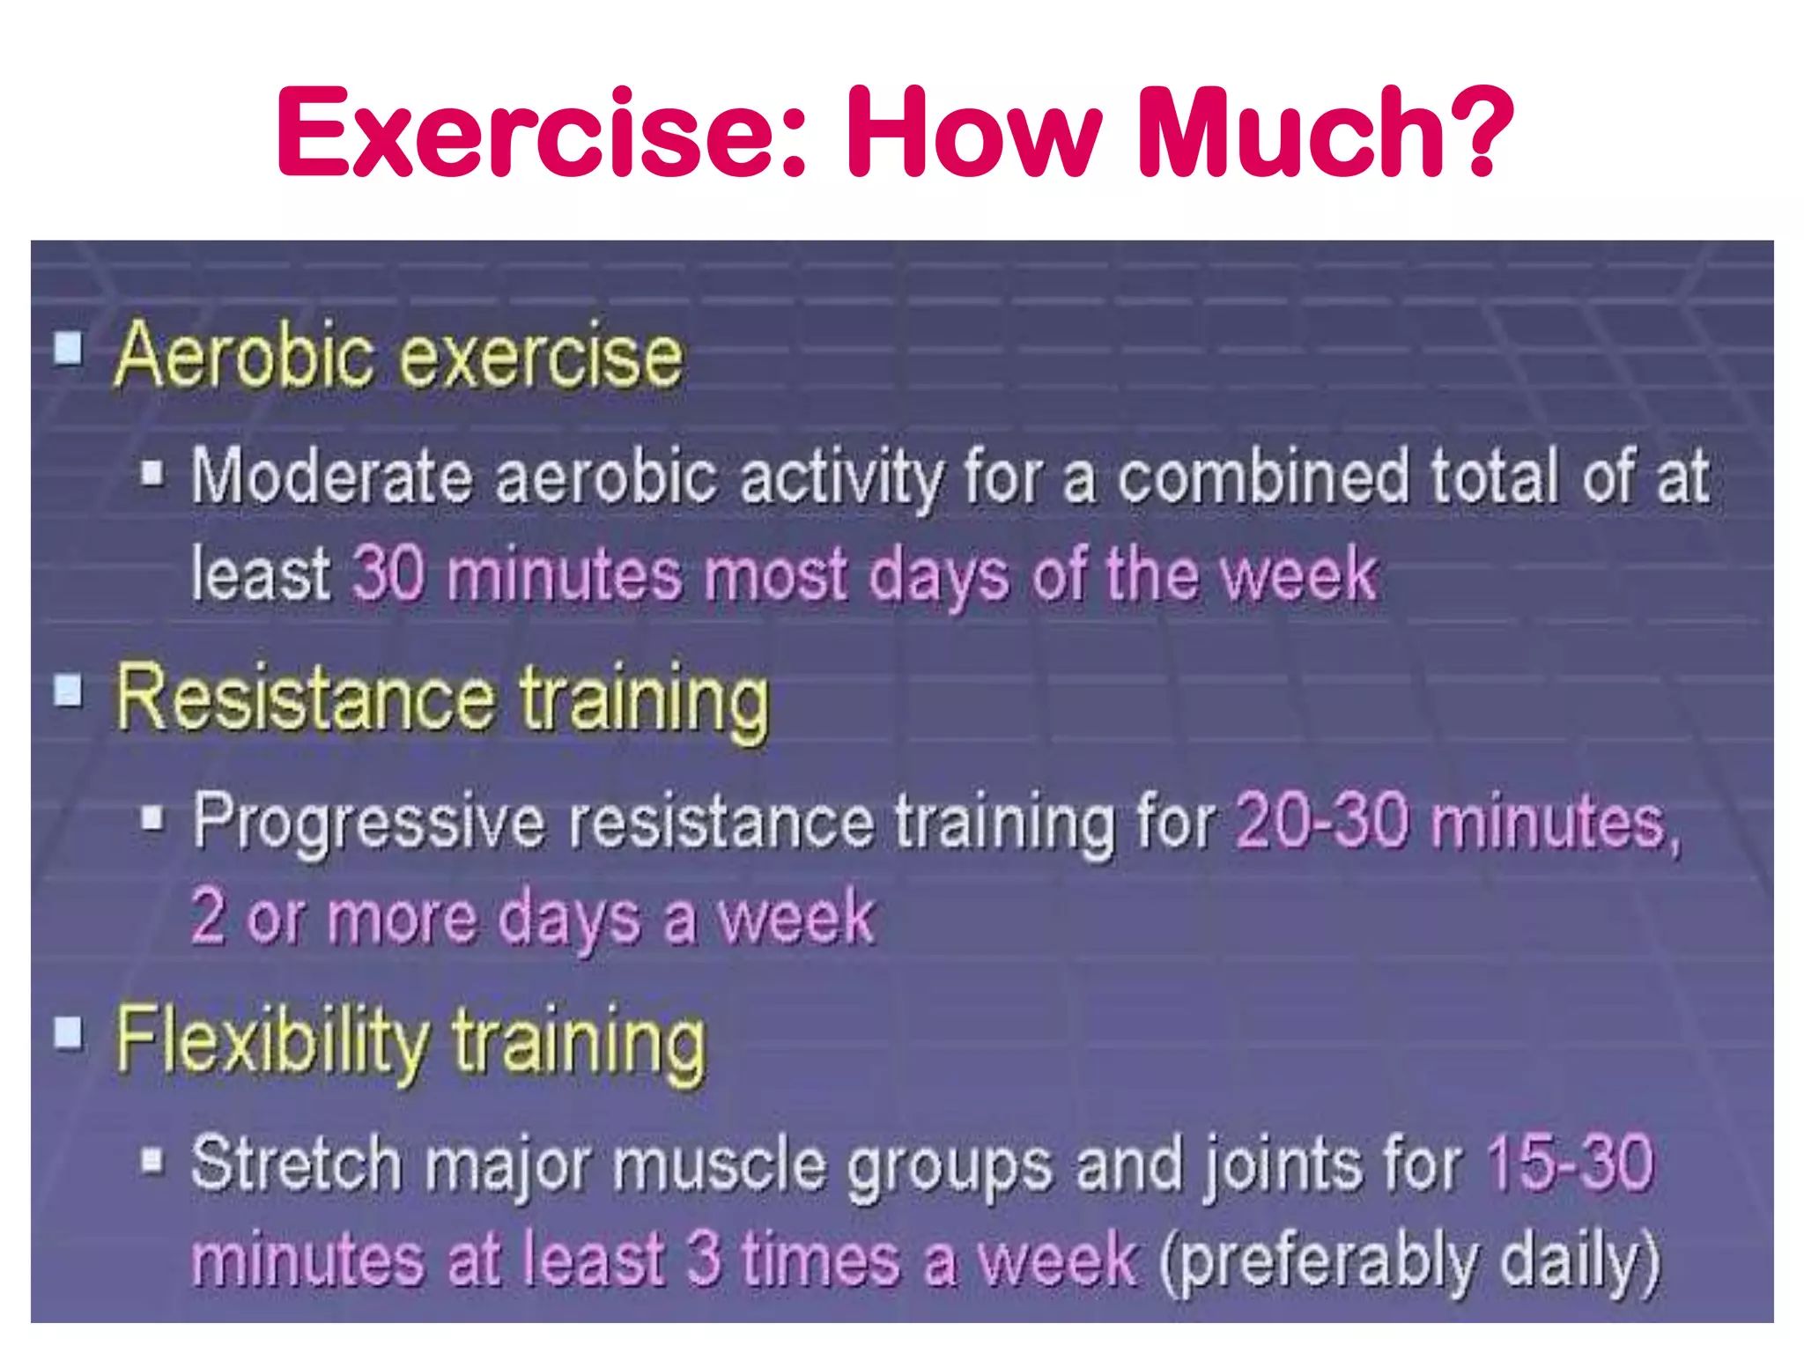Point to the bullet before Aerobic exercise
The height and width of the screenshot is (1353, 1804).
coord(69,349)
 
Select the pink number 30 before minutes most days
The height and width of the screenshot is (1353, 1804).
coord(388,573)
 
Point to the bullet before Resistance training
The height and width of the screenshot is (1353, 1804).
coord(69,691)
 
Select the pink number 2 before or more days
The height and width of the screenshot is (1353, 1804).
coord(208,917)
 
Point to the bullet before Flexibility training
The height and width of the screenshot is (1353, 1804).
coord(69,1032)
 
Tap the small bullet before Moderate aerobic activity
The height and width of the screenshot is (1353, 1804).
coord(152,473)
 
